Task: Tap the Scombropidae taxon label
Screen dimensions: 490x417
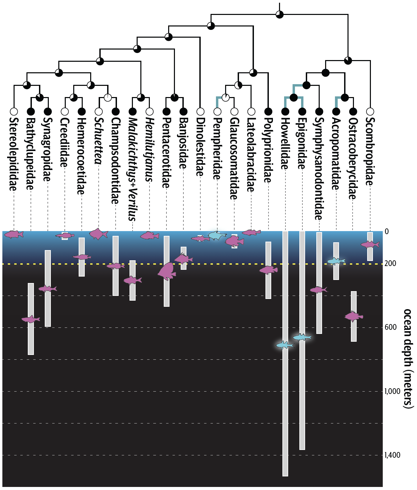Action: (x=370, y=151)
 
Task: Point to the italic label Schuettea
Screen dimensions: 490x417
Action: (x=99, y=140)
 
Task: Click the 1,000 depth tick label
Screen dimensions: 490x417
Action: (x=392, y=391)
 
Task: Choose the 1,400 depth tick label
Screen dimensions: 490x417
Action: (x=392, y=455)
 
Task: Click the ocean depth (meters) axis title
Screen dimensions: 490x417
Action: (x=408, y=358)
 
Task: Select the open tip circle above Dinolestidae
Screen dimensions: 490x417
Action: (x=200, y=111)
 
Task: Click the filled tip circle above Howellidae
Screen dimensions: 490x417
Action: (x=285, y=111)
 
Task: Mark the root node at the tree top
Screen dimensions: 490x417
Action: (x=279, y=14)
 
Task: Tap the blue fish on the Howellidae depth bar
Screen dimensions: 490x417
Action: (x=285, y=345)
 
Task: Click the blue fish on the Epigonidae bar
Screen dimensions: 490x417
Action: (x=302, y=337)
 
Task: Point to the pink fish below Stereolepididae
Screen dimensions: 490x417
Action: (x=14, y=234)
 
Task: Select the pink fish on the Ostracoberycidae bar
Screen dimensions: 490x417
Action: (x=354, y=316)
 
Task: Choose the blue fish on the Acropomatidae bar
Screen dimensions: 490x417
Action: (x=336, y=261)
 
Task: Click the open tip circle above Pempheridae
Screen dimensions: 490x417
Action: (x=217, y=111)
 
